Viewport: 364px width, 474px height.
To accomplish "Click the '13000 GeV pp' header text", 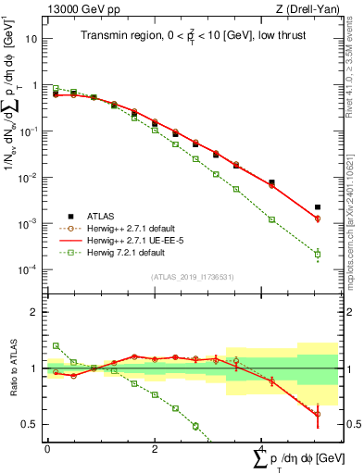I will point(80,8).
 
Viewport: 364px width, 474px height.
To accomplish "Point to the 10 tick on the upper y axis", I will point(32,40).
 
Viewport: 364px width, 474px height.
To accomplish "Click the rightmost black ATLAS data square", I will point(318,207).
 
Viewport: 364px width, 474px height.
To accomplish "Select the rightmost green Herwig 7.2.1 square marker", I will point(318,254).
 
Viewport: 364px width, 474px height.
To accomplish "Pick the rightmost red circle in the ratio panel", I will point(318,414).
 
